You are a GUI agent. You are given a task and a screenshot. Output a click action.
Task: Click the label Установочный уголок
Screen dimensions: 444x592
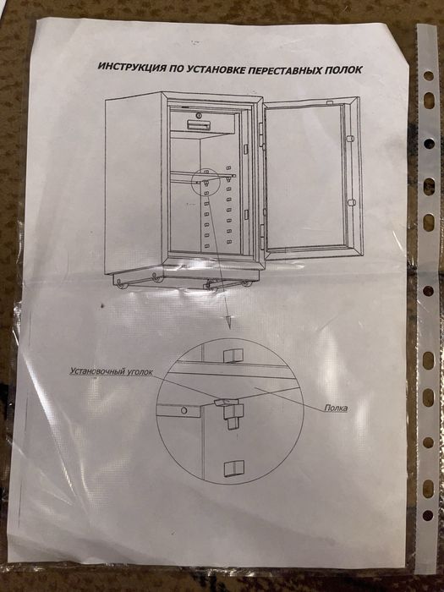pos(112,371)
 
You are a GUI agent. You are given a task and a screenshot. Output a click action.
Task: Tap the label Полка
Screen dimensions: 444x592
pos(336,408)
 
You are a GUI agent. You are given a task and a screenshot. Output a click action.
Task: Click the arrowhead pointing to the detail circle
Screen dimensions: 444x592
pos(229,321)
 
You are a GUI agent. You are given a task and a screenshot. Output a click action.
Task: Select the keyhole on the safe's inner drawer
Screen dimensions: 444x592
pos(198,115)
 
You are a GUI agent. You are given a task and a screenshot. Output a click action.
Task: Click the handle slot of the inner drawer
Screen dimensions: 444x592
pos(198,124)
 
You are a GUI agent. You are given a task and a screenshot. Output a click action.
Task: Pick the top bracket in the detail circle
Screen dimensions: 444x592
pos(233,355)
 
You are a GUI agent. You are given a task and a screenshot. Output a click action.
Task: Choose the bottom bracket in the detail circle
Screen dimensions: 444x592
pos(233,469)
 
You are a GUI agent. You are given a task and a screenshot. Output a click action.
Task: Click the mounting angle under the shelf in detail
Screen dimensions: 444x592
pos(231,413)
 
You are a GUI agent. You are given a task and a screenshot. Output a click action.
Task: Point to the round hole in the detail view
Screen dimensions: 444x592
pos(184,410)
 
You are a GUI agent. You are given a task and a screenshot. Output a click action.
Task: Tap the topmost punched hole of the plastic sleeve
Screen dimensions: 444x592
pos(429,76)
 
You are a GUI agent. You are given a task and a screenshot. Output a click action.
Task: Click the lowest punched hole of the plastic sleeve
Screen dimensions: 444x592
pos(427,515)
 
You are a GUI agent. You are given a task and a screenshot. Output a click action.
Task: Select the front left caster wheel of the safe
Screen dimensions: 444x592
pos(122,283)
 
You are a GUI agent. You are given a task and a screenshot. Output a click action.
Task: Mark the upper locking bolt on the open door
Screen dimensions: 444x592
pos(351,139)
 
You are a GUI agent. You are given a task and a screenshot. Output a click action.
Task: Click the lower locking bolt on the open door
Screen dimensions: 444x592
pos(351,203)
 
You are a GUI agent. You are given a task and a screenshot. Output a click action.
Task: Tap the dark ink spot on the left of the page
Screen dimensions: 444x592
pos(102,304)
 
